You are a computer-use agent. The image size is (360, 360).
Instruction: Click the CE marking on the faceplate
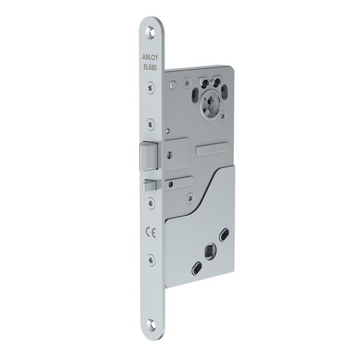148,230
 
